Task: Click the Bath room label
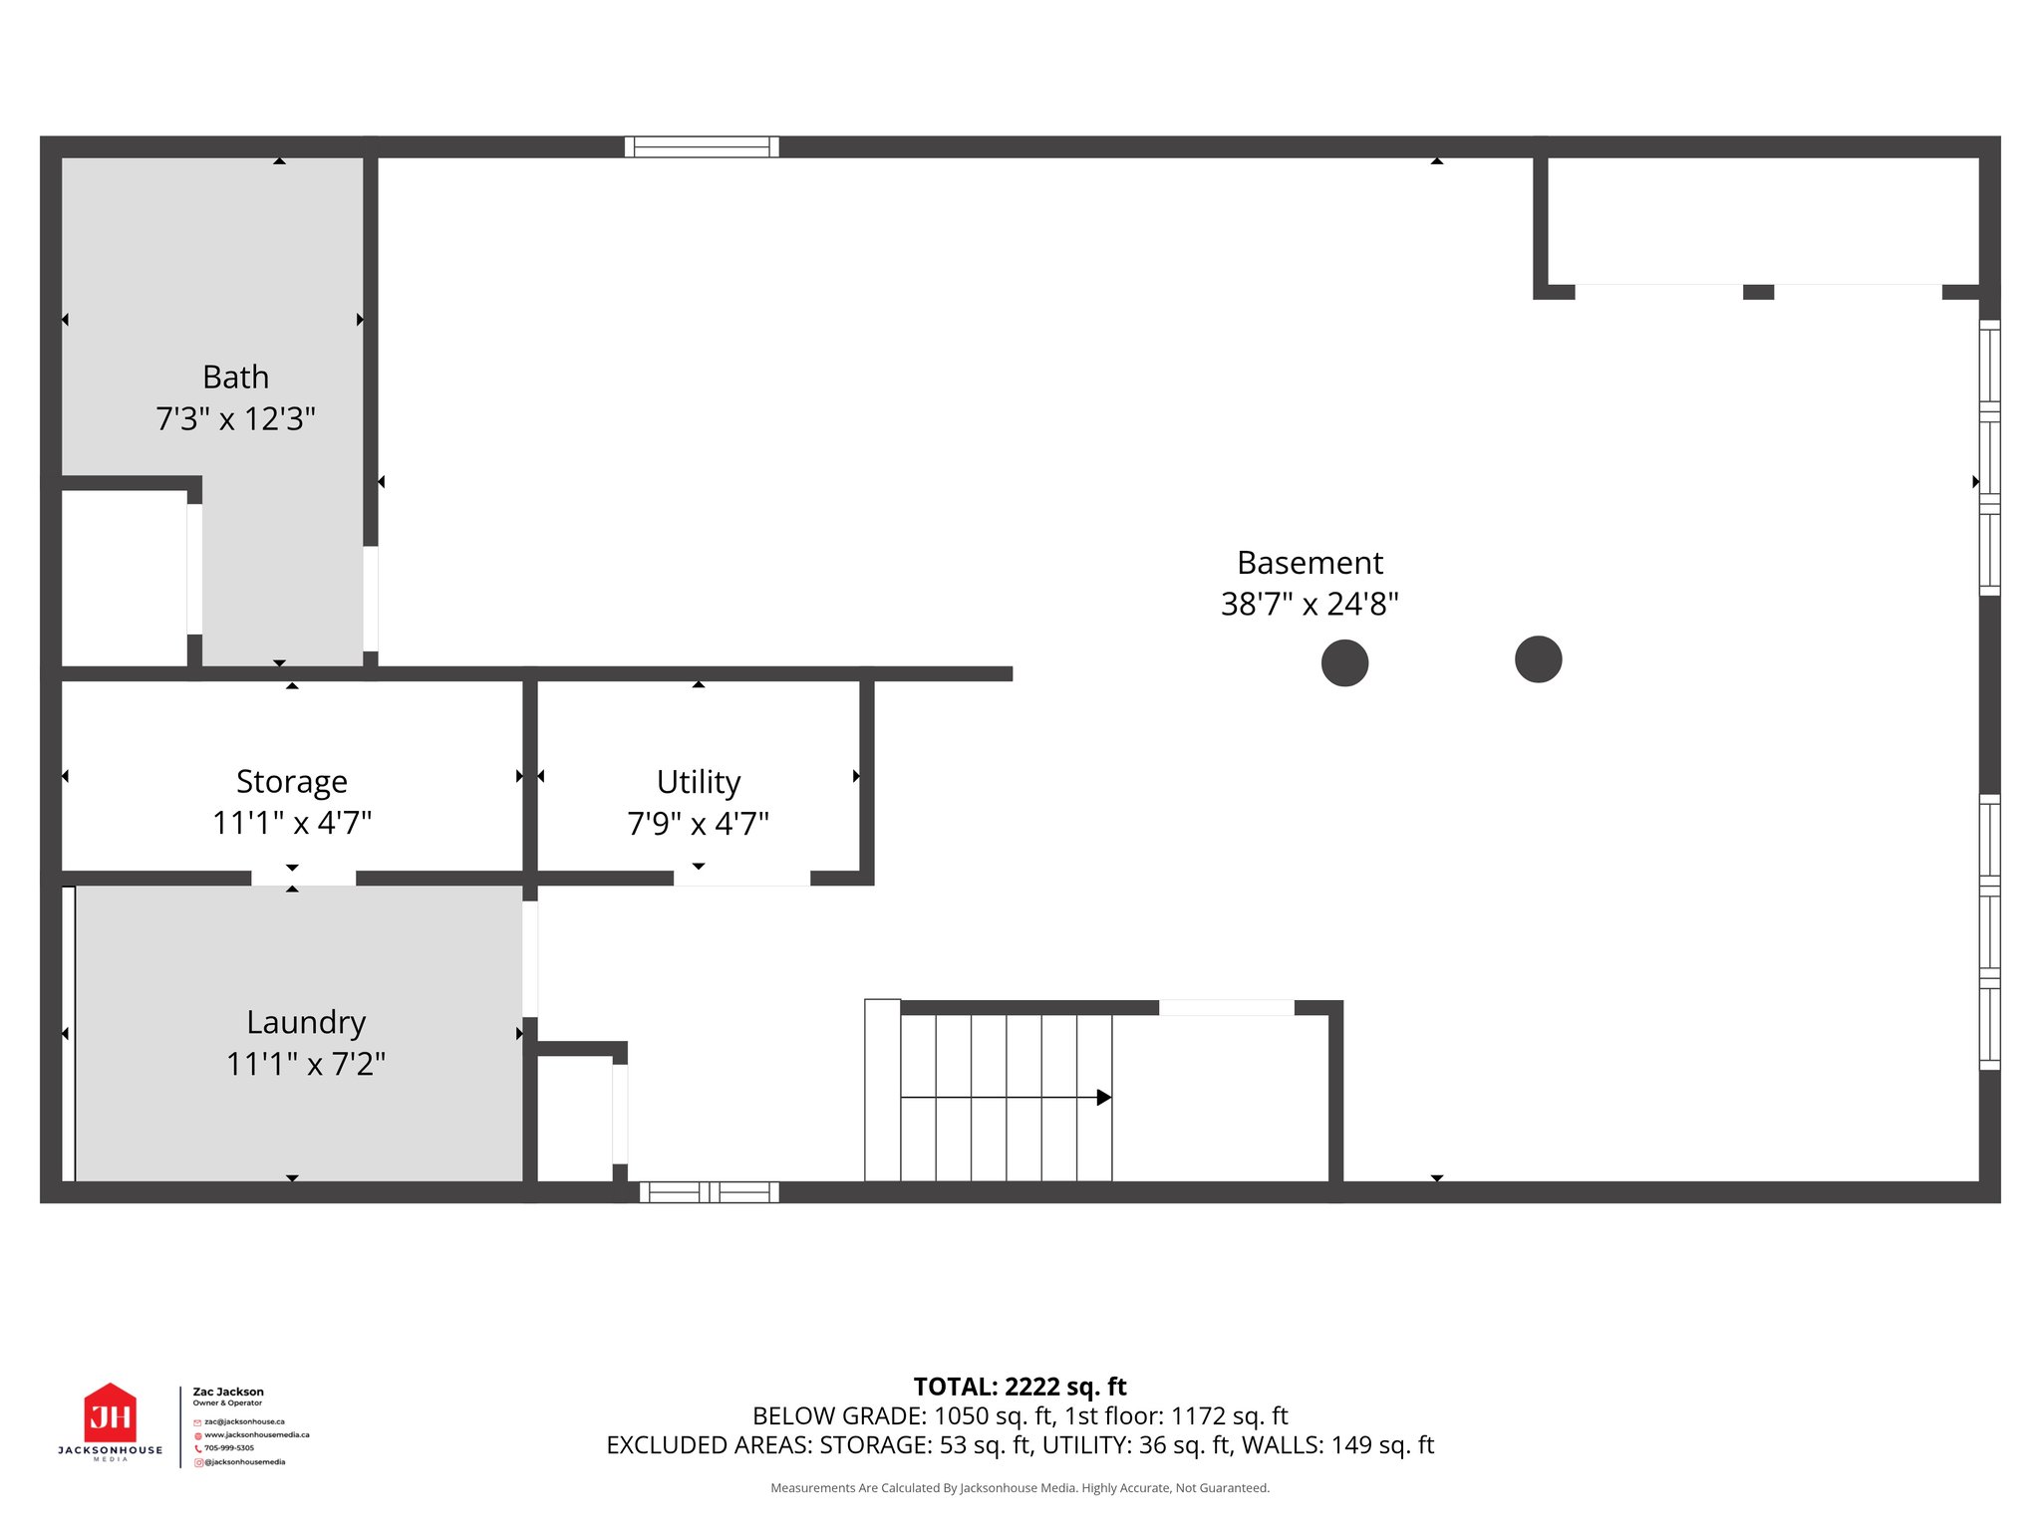(235, 378)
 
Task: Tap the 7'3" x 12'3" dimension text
(235, 419)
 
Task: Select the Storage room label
(292, 782)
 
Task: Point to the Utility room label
(699, 782)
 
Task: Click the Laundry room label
(306, 1023)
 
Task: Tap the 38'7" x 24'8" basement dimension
(1310, 605)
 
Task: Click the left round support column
(1344, 663)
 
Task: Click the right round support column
(1538, 659)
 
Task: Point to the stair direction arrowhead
(1104, 1098)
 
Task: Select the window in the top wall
(702, 147)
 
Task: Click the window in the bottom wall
(709, 1192)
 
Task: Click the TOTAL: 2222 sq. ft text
(1020, 1387)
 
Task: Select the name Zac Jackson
(228, 1392)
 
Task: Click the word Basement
(1310, 564)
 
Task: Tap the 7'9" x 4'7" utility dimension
(699, 825)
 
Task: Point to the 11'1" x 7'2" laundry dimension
(306, 1065)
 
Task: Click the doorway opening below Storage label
(303, 879)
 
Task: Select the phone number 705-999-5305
(229, 1448)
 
